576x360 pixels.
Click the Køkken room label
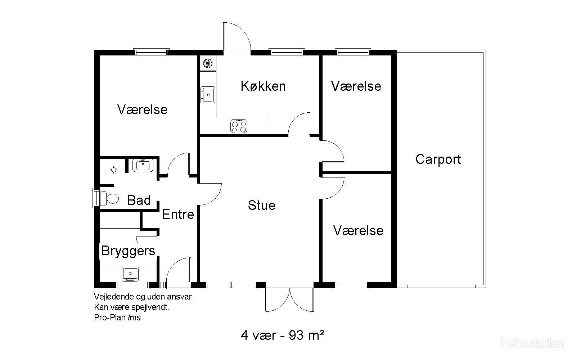[x=263, y=86]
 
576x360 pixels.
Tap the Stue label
[x=261, y=205]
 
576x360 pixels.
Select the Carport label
[x=438, y=160]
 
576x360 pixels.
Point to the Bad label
[x=139, y=200]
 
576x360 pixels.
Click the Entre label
[x=178, y=214]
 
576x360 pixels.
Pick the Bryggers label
[x=128, y=251]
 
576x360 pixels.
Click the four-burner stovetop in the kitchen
[x=239, y=126]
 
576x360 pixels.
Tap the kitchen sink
[x=208, y=95]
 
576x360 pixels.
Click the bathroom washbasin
[x=143, y=165]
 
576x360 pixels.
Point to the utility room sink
[x=130, y=274]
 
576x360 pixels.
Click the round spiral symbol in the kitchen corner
[x=208, y=63]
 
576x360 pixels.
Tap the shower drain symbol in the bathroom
[x=114, y=170]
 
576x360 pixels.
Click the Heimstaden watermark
[x=531, y=343]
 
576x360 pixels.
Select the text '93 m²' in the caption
[x=306, y=335]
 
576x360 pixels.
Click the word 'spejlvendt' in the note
[x=150, y=307]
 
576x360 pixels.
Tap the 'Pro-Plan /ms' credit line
[x=117, y=318]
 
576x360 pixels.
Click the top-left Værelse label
[x=143, y=109]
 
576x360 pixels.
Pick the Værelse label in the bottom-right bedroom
[x=358, y=230]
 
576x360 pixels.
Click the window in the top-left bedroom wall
[x=152, y=52]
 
